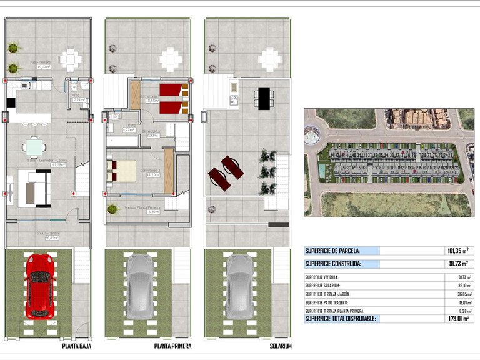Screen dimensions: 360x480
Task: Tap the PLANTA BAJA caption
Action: point(78,346)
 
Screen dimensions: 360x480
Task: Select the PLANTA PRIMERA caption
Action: point(172,346)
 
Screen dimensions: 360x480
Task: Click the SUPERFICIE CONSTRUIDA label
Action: point(332,264)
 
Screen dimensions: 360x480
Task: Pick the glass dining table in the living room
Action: point(34,147)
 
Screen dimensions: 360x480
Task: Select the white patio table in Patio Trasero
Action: point(71,60)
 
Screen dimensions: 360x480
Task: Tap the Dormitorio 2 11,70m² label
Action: point(150,172)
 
